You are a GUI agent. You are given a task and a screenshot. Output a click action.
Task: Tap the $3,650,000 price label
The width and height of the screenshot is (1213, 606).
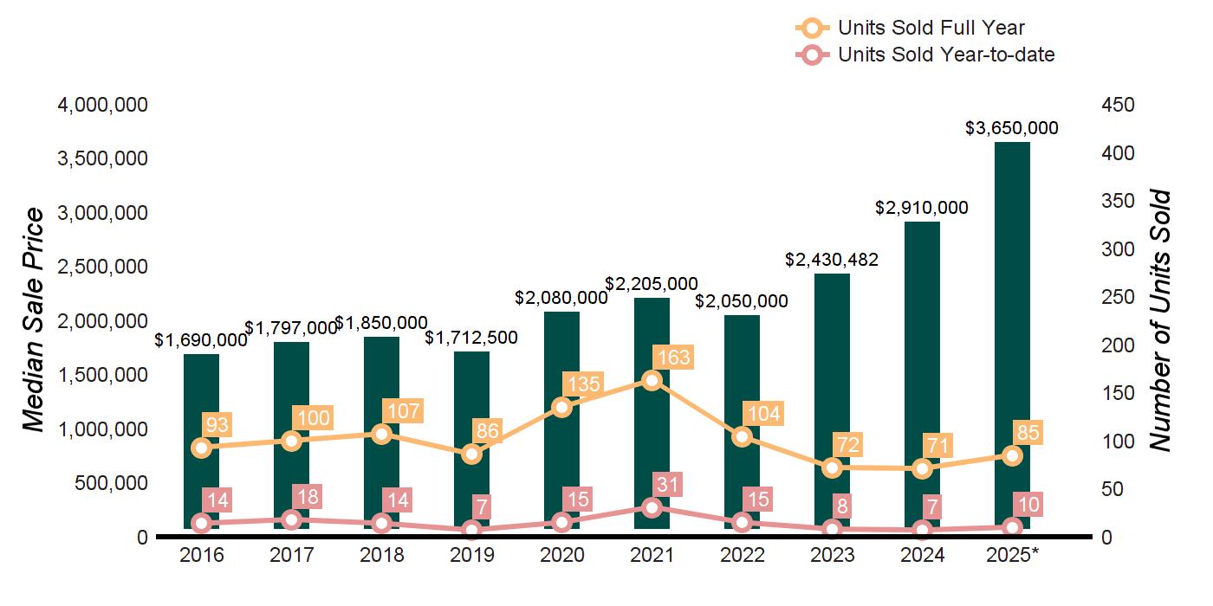click(x=1012, y=128)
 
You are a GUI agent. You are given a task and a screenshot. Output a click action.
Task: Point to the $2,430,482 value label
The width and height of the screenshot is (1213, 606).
click(x=832, y=259)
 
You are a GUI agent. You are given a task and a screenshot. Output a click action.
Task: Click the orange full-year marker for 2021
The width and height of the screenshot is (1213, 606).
click(x=652, y=381)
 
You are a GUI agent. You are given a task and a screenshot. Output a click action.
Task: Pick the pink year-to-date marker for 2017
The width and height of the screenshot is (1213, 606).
click(x=292, y=519)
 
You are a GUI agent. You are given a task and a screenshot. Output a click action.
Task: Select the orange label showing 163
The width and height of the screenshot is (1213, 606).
click(x=672, y=358)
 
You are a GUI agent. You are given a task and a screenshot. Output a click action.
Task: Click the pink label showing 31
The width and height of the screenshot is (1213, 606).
click(x=669, y=484)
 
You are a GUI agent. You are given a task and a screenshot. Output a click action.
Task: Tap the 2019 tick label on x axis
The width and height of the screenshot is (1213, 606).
click(x=471, y=555)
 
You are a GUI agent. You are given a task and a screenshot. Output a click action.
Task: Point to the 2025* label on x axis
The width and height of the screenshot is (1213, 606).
click(x=1012, y=555)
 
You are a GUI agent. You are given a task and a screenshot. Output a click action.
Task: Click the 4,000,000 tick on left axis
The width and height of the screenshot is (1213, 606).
click(x=103, y=105)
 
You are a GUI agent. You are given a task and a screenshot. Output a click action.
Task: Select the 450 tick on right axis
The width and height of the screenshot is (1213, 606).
click(x=1118, y=105)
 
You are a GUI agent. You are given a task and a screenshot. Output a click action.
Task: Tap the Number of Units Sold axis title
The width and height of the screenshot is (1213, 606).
click(x=1160, y=320)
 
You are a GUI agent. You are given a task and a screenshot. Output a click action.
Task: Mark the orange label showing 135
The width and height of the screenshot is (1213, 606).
click(x=582, y=384)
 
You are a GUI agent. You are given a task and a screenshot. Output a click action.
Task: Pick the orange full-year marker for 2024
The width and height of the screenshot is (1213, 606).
click(x=922, y=468)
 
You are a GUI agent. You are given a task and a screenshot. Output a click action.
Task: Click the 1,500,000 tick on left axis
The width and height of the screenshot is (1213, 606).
click(x=103, y=375)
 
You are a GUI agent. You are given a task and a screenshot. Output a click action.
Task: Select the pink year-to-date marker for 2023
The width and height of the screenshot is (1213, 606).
click(x=832, y=528)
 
